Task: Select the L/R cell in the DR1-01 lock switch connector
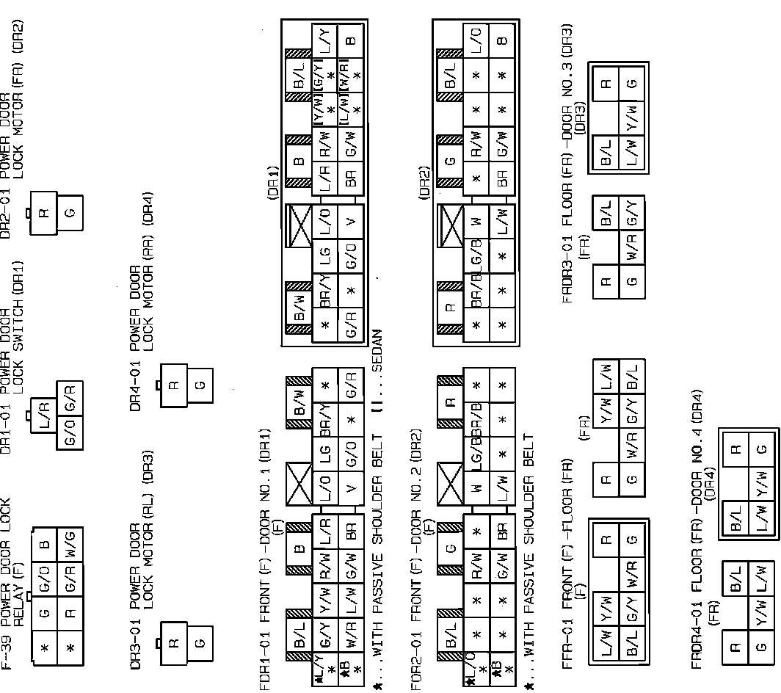pyautogui.click(x=45, y=405)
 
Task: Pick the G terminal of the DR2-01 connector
pyautogui.click(x=71, y=213)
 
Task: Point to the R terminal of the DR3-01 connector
pyautogui.click(x=174, y=643)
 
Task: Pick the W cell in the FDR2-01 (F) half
pyautogui.click(x=478, y=487)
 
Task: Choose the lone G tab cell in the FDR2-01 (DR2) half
pyautogui.click(x=451, y=160)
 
